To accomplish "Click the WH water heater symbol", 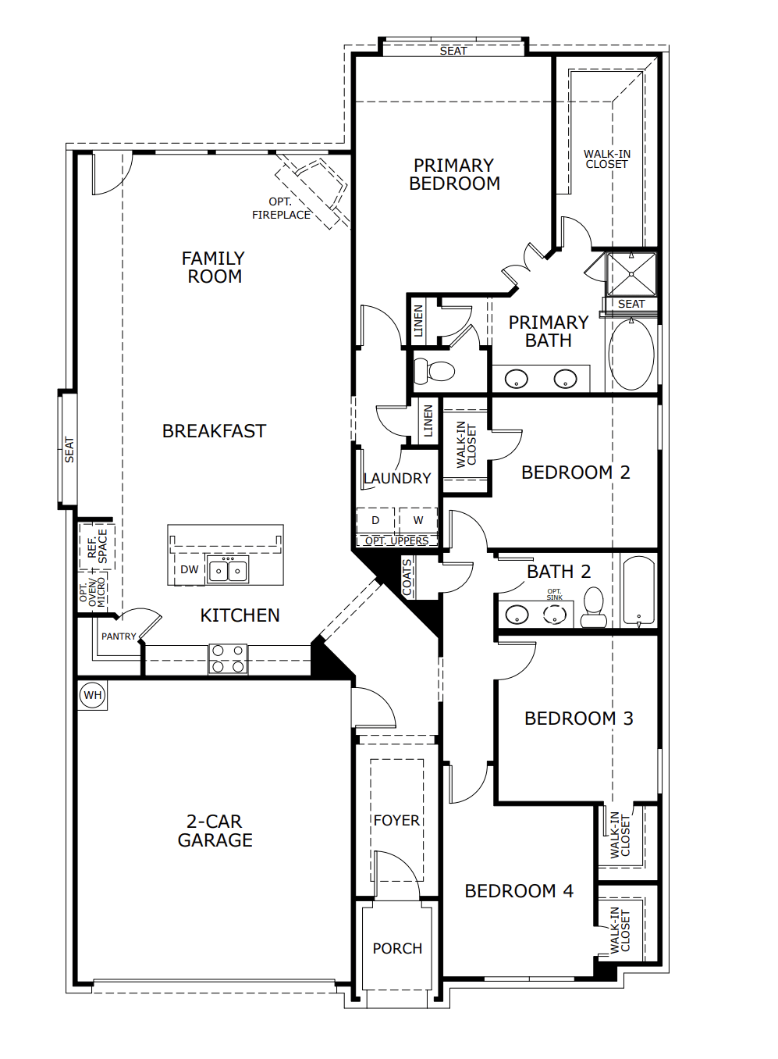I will (x=93, y=695).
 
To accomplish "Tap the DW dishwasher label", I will (x=189, y=569).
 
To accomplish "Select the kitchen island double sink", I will (x=228, y=570).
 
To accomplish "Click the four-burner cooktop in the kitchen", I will (x=228, y=658).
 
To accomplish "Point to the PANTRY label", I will (x=119, y=636).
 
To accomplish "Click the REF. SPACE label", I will (x=98, y=547).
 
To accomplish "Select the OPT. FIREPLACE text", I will (x=281, y=209).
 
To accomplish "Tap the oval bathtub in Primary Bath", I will (x=631, y=355).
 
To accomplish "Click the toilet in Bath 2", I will (x=594, y=608).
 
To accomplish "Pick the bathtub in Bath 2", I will (x=639, y=591).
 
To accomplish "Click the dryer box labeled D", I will (x=375, y=520).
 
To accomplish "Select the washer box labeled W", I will (x=418, y=520).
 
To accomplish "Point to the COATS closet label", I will (x=407, y=578).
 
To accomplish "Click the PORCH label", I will (x=397, y=948).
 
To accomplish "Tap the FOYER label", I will (x=396, y=820).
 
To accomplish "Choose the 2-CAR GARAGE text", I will (x=215, y=831).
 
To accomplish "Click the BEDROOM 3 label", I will (x=578, y=718).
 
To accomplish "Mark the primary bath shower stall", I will (x=631, y=273).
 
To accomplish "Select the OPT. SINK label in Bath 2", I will (x=554, y=594).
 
